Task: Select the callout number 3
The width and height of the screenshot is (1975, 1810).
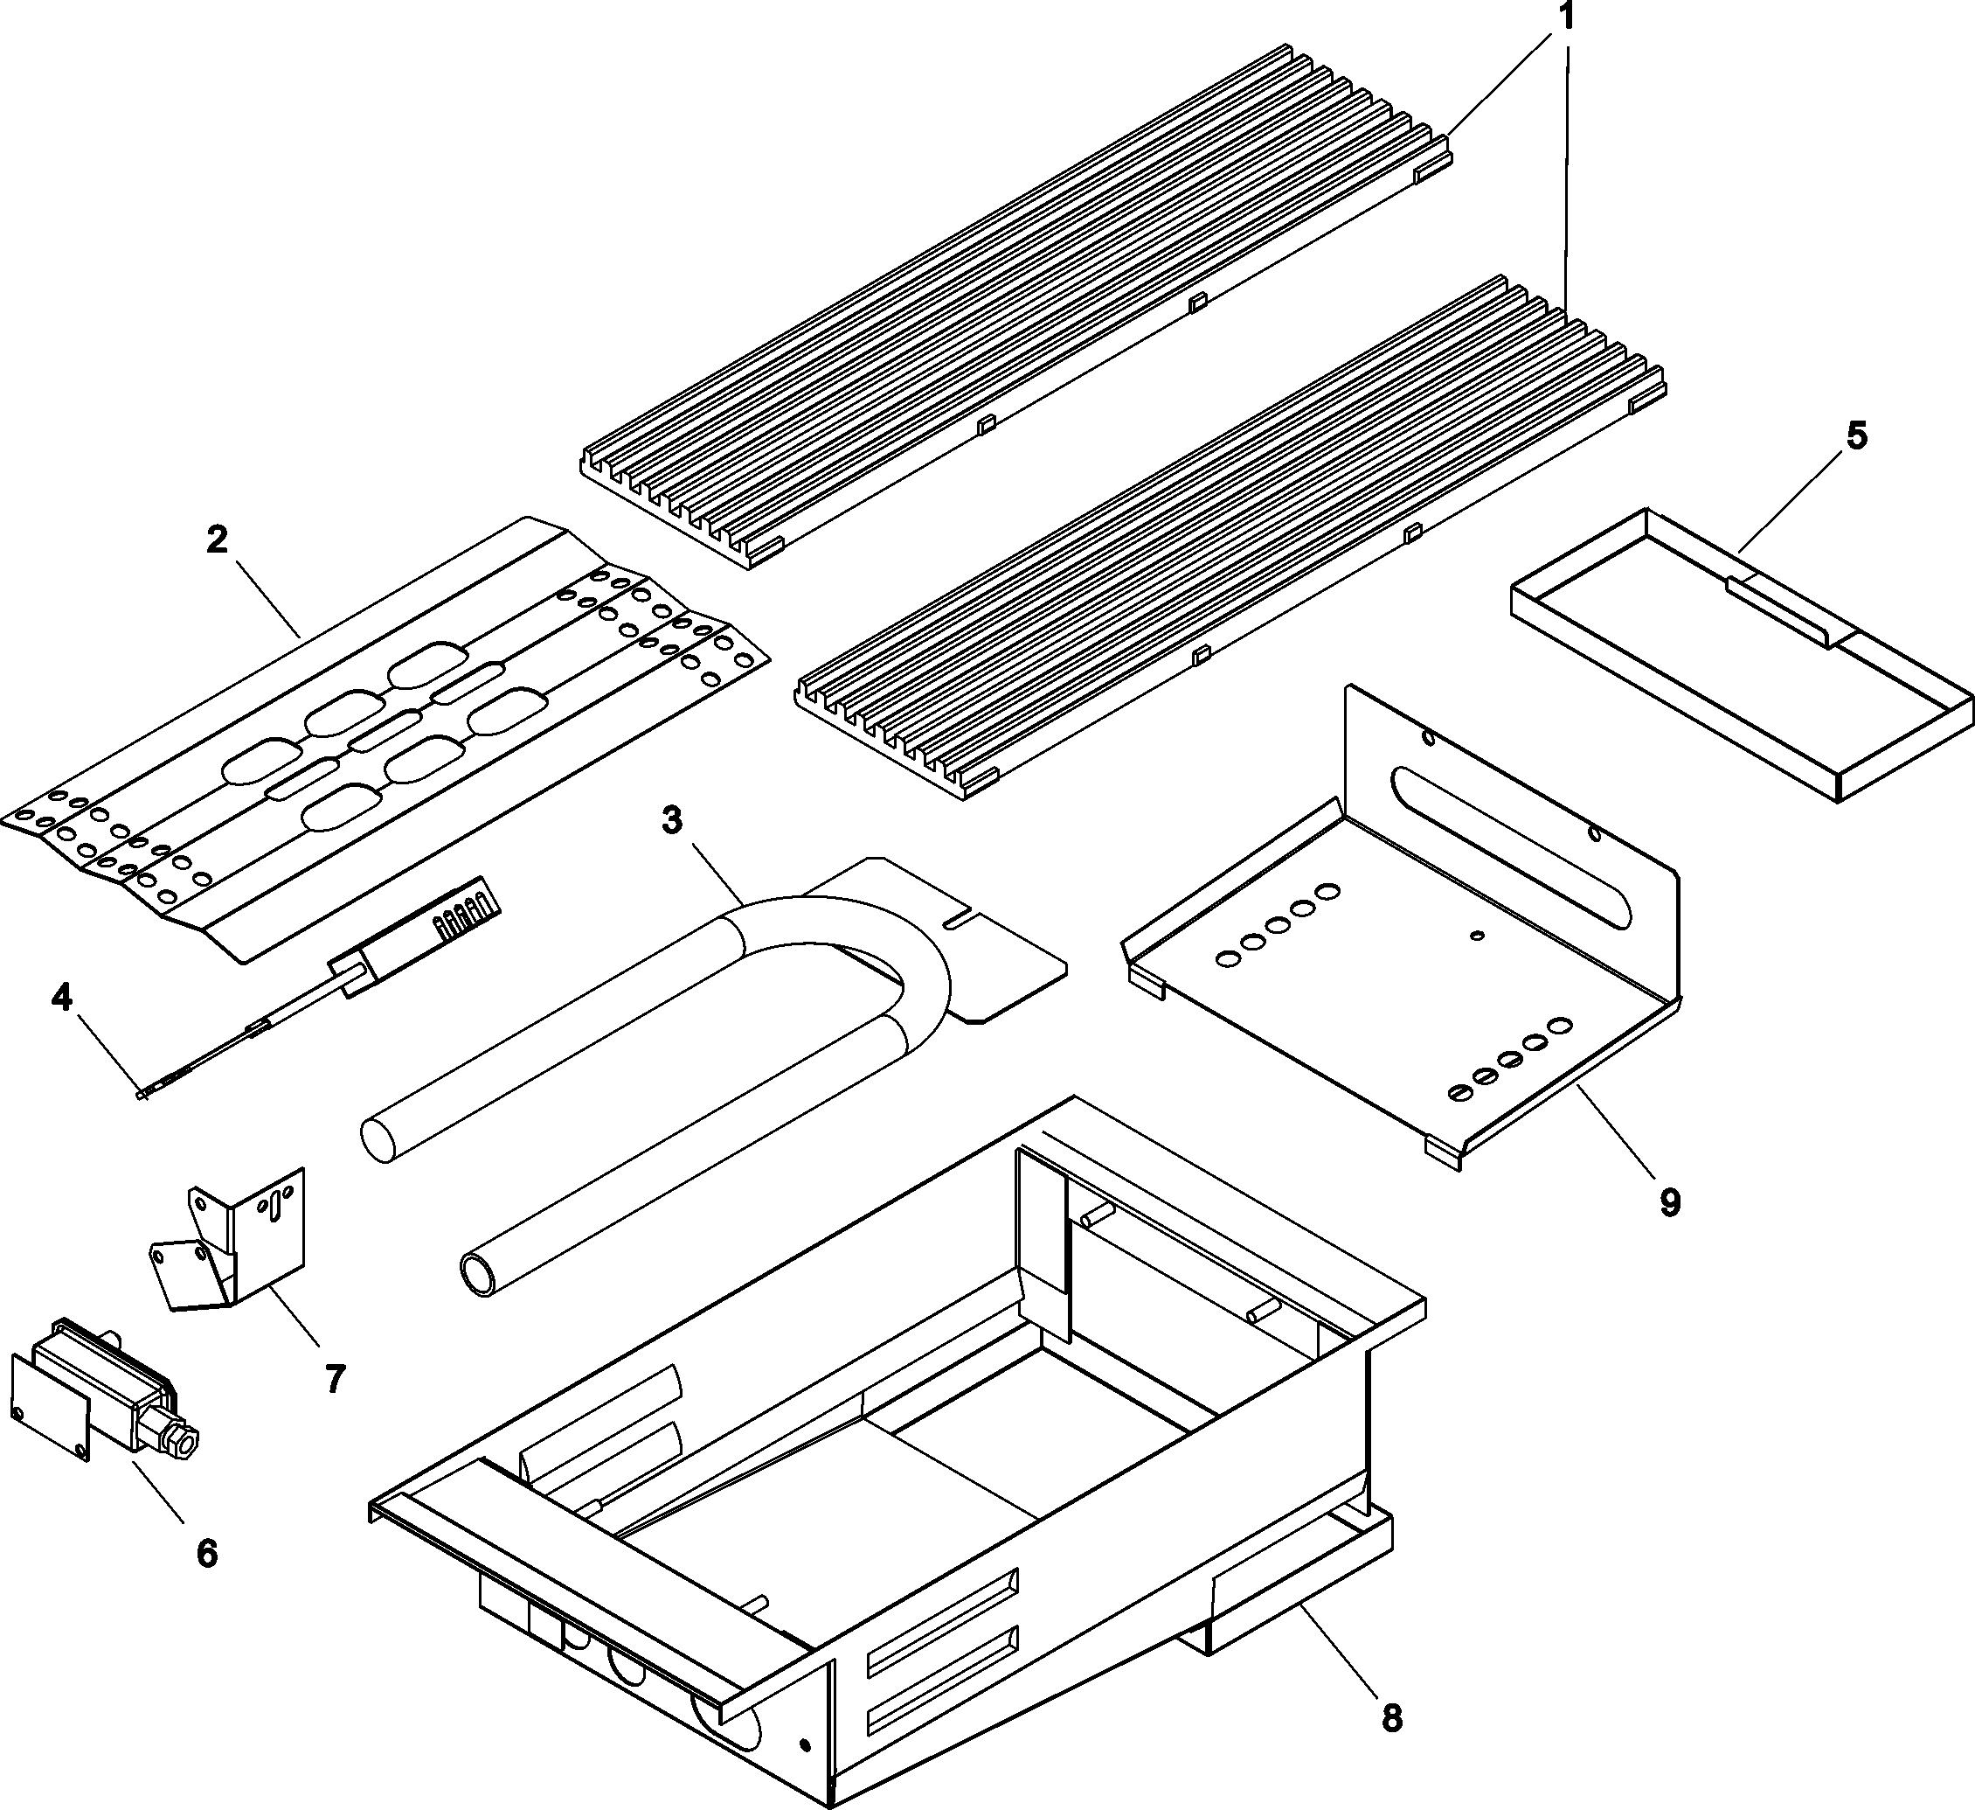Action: coord(671,820)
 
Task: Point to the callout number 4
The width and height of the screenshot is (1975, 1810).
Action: coord(62,998)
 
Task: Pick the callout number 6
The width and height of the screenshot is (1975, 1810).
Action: coord(207,1553)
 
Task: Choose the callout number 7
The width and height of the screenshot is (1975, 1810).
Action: coord(335,1379)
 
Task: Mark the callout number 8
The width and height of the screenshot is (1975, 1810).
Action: coord(1392,1718)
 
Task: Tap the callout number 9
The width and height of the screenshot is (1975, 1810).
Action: coord(1669,1202)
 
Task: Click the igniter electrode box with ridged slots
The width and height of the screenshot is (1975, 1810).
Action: coord(461,915)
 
